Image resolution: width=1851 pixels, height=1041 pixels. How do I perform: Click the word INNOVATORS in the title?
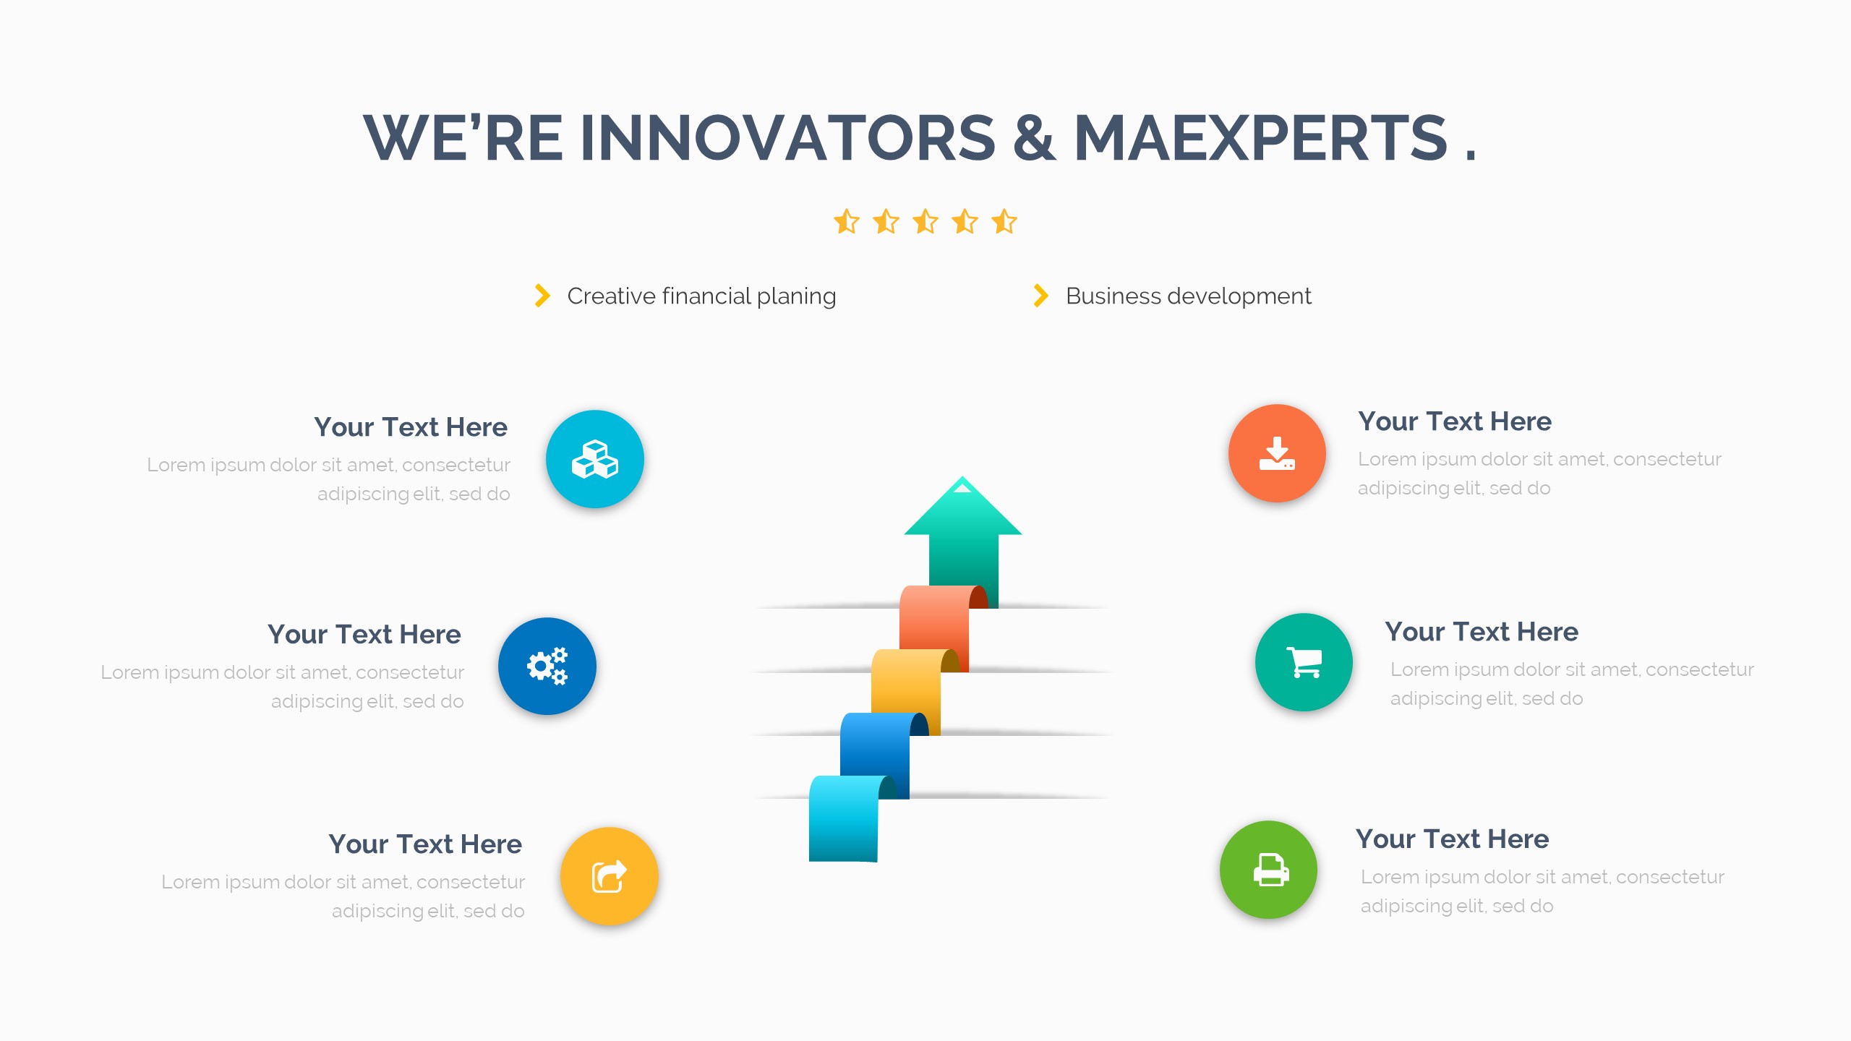pyautogui.click(x=788, y=137)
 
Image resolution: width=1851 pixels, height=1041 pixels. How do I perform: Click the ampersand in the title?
pyautogui.click(x=1035, y=137)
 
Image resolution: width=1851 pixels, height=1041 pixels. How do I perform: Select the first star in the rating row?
pyautogui.click(x=847, y=221)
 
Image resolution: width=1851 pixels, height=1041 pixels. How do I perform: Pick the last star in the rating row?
pyautogui.click(x=1004, y=221)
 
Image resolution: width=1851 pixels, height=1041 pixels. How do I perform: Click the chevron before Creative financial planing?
pyautogui.click(x=542, y=296)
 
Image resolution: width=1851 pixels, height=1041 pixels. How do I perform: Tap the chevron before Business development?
pyautogui.click(x=1041, y=296)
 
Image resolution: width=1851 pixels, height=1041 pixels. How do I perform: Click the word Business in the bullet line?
pyautogui.click(x=1113, y=296)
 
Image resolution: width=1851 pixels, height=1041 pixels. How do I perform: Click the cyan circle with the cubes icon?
pyautogui.click(x=595, y=459)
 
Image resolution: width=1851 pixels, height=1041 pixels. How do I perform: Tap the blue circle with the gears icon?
pyautogui.click(x=547, y=666)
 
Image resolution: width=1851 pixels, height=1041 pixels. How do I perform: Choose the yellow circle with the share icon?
pyautogui.click(x=610, y=876)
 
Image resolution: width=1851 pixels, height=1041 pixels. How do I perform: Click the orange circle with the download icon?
pyautogui.click(x=1277, y=453)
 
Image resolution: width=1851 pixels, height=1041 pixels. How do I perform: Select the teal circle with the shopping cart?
pyautogui.click(x=1304, y=662)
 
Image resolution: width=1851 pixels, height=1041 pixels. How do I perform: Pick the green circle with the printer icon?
pyautogui.click(x=1269, y=870)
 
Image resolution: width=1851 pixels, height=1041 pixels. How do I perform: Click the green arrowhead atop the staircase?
pyautogui.click(x=963, y=506)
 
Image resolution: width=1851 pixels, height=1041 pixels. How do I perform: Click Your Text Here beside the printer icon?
pyautogui.click(x=1452, y=839)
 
